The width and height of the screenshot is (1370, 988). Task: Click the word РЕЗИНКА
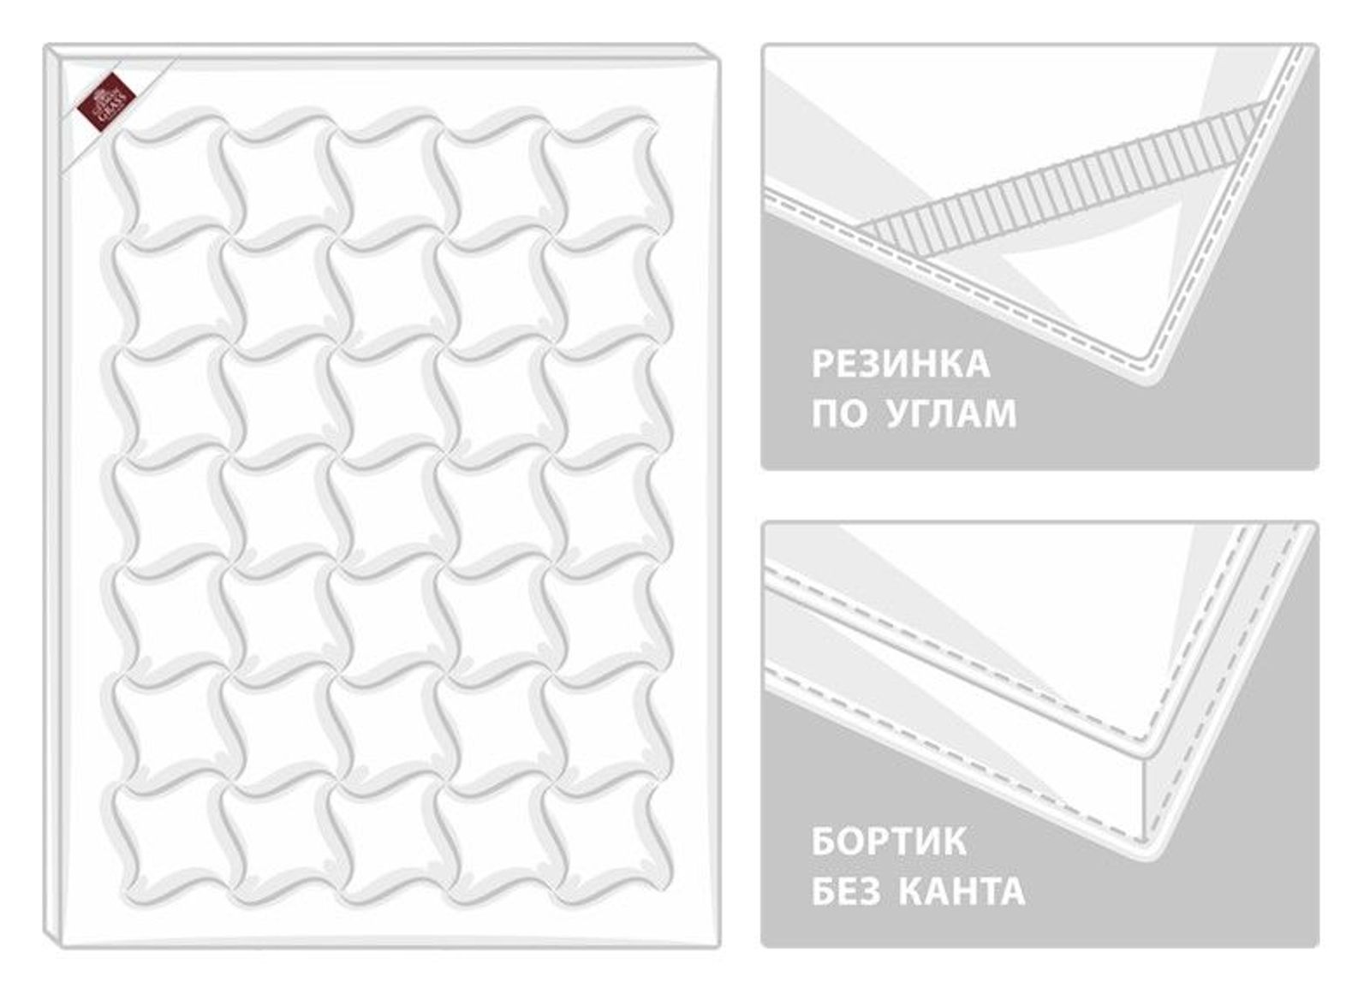click(901, 365)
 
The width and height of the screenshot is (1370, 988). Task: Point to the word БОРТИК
click(889, 842)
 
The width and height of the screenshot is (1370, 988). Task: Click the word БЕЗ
click(845, 892)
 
